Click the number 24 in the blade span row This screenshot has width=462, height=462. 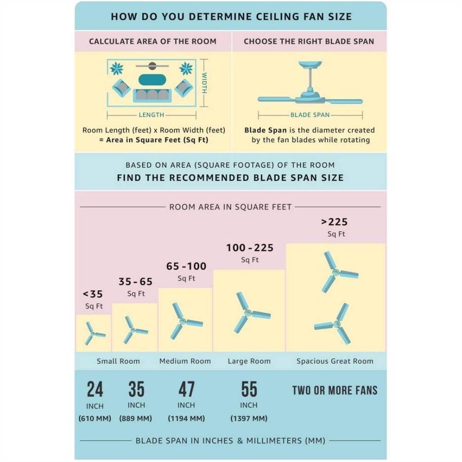click(95, 389)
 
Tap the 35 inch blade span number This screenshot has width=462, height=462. click(136, 389)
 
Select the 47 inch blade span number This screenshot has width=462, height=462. click(186, 389)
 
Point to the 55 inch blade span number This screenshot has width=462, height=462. click(249, 389)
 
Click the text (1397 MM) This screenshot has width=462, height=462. click(249, 418)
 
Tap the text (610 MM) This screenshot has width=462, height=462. click(95, 418)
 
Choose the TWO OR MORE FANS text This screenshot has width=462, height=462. click(335, 390)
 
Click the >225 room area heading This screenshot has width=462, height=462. click(335, 222)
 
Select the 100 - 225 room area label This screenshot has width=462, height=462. click(250, 248)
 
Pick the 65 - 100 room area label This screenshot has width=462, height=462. click(186, 266)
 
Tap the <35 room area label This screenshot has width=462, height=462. click(93, 294)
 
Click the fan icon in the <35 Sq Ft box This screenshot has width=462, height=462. click(94, 334)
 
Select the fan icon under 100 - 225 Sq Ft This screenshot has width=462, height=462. click(250, 312)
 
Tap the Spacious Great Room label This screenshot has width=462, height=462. click(335, 361)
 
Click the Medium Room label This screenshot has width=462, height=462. click(185, 361)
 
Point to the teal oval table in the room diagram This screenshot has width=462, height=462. click(152, 80)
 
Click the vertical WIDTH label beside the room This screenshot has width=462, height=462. click(204, 83)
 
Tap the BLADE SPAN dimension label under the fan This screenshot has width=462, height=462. click(310, 115)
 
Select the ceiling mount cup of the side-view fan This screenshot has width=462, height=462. click(310, 64)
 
